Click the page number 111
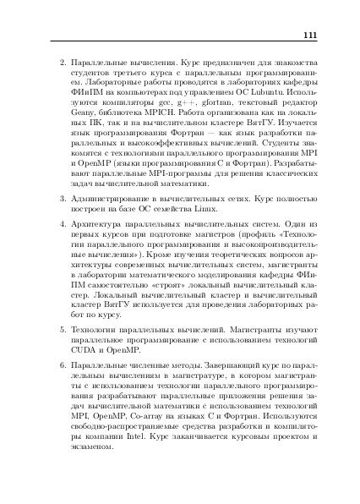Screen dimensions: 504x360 [308, 35]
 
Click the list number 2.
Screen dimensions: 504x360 [60, 63]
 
